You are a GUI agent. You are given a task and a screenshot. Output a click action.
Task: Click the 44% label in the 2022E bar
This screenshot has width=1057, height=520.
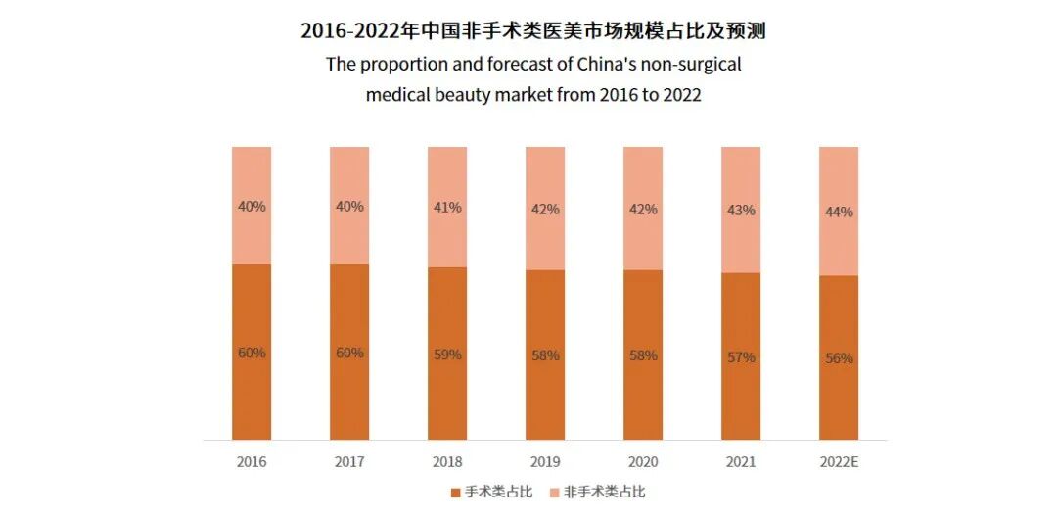pyautogui.click(x=839, y=212)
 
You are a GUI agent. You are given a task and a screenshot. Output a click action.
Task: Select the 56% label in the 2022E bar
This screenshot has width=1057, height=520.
pyautogui.click(x=839, y=358)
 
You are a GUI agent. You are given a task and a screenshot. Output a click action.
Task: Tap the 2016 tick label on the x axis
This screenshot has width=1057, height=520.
pyautogui.click(x=252, y=461)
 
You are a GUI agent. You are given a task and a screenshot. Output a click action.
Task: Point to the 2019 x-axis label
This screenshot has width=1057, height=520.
pyautogui.click(x=545, y=461)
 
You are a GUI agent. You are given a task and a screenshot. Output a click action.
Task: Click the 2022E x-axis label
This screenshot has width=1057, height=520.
pyautogui.click(x=839, y=461)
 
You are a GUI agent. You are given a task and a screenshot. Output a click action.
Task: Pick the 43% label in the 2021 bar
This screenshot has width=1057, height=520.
pyautogui.click(x=741, y=210)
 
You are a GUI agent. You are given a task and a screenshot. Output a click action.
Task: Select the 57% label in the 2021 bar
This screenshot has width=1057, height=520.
pyautogui.click(x=741, y=357)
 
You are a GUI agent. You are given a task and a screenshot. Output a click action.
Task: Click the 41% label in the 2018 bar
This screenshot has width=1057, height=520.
pyautogui.click(x=447, y=208)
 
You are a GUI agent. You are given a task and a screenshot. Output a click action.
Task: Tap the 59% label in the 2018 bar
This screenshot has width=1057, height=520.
pyautogui.click(x=447, y=355)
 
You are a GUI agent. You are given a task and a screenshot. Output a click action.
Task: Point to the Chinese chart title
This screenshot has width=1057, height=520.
pyautogui.click(x=532, y=30)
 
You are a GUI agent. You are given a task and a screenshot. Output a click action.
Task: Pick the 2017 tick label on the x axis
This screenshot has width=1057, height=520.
pyautogui.click(x=349, y=461)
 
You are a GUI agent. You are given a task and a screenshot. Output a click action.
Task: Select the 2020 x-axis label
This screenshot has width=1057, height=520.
pyautogui.click(x=643, y=461)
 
